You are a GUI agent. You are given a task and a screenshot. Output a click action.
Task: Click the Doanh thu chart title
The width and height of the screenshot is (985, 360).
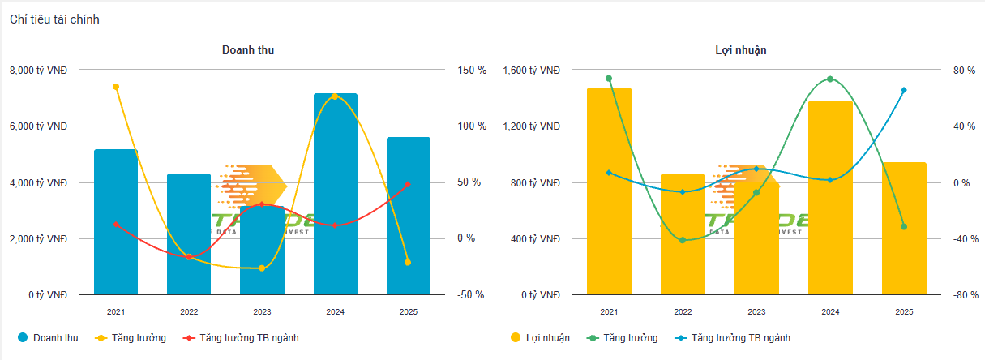[248, 49]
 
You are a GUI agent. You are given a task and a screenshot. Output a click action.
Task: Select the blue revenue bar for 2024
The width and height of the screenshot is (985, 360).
[336, 195]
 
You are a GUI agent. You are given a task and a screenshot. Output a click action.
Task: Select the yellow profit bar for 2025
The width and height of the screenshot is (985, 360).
[904, 229]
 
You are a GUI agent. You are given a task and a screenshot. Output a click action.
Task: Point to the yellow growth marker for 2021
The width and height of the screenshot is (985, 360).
[116, 87]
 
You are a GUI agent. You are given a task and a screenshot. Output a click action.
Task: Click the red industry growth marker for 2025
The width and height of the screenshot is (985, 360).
[408, 185]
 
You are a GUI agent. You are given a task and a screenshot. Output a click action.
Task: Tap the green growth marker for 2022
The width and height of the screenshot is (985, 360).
[683, 240]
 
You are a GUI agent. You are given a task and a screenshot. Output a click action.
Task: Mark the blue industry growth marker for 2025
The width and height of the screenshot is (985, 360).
[904, 90]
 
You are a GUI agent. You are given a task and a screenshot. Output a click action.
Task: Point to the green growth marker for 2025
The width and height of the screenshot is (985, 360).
[904, 226]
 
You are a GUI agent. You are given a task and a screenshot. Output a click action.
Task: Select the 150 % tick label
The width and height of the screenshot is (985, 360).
[472, 71]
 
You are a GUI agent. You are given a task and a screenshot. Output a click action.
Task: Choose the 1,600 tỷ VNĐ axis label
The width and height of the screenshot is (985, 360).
[532, 71]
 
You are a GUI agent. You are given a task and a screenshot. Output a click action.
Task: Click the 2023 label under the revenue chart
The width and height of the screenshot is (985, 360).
[262, 311]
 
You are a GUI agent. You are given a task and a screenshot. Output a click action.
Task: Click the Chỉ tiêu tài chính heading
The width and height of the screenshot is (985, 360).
[54, 19]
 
